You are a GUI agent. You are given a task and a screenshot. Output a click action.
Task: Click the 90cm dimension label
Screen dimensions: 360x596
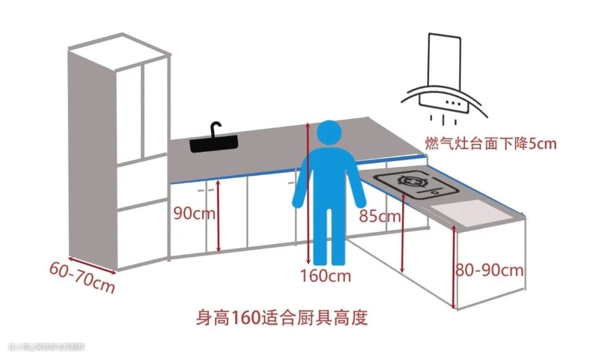click(194, 213)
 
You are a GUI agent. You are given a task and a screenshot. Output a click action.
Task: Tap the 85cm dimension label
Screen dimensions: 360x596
click(380, 216)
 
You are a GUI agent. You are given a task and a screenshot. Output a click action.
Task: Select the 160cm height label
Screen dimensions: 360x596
click(325, 274)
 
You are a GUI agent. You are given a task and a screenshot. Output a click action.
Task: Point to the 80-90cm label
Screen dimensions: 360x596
click(489, 271)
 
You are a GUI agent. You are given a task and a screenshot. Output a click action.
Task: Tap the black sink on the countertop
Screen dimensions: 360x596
click(215, 145)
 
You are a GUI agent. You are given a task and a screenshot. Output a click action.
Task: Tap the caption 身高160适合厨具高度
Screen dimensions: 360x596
click(281, 318)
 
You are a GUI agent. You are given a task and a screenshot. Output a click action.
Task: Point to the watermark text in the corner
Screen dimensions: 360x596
click(47, 347)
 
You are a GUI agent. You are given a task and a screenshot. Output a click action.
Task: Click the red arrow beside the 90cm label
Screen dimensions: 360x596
click(219, 216)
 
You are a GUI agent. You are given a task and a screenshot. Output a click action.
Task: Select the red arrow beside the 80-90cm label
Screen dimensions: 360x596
click(454, 268)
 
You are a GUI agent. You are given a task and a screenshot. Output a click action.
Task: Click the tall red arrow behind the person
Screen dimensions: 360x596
click(308, 193)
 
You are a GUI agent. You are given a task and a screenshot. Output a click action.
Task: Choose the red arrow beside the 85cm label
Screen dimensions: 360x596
click(403, 232)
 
